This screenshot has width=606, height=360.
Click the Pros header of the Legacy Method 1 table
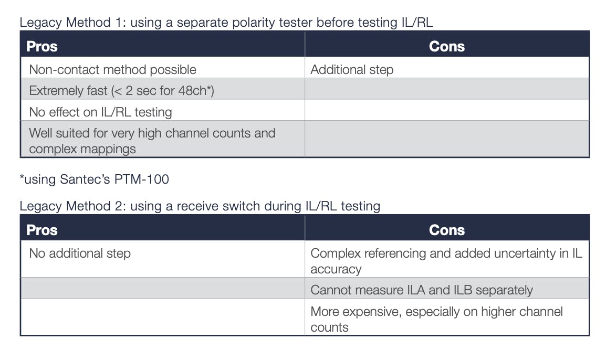point(41,46)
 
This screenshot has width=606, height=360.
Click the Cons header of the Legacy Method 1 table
point(446,46)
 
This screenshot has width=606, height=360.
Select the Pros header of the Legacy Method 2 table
point(41,230)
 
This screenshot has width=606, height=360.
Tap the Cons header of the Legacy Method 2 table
point(446,230)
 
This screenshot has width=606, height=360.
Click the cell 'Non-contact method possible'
point(112,69)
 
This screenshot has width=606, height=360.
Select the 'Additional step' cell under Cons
point(352,69)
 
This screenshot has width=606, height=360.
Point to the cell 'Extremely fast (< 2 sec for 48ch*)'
point(121,91)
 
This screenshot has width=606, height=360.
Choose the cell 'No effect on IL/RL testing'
point(100,112)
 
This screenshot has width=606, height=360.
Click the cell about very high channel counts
point(152,141)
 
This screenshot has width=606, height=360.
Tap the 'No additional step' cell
point(80,253)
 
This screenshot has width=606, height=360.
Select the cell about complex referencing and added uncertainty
point(446,261)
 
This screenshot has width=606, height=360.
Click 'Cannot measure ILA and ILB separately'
point(422,290)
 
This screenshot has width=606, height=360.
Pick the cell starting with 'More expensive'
point(436,319)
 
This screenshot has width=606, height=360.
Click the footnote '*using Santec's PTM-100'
point(95,179)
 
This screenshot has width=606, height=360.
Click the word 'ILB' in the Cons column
point(463,290)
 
